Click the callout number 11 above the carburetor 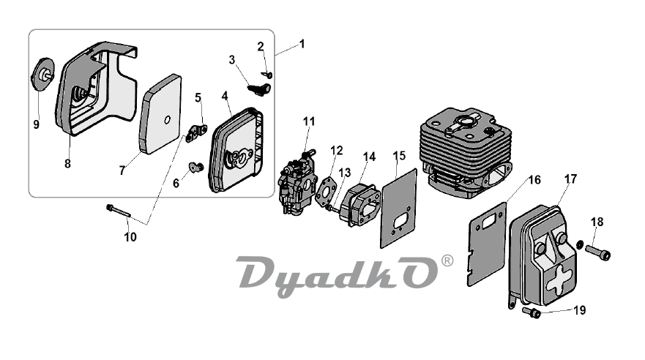pyautogui.click(x=309, y=121)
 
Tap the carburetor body pyautogui.click(x=298, y=182)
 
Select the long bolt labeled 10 pyautogui.click(x=118, y=210)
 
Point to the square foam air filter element pyautogui.click(x=160, y=114)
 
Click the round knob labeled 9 pyautogui.click(x=42, y=75)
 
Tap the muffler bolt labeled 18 pyautogui.click(x=597, y=251)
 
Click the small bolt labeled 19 pyautogui.click(x=532, y=312)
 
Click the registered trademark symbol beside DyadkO pyautogui.click(x=447, y=260)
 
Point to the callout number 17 pyautogui.click(x=570, y=179)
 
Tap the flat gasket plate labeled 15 pyautogui.click(x=398, y=209)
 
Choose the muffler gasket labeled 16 pyautogui.click(x=487, y=244)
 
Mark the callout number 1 pyautogui.click(x=302, y=44)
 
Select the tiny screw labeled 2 pyautogui.click(x=268, y=75)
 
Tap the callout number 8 pyautogui.click(x=67, y=164)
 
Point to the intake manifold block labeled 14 pyautogui.click(x=360, y=204)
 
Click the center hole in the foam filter pyautogui.click(x=167, y=120)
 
